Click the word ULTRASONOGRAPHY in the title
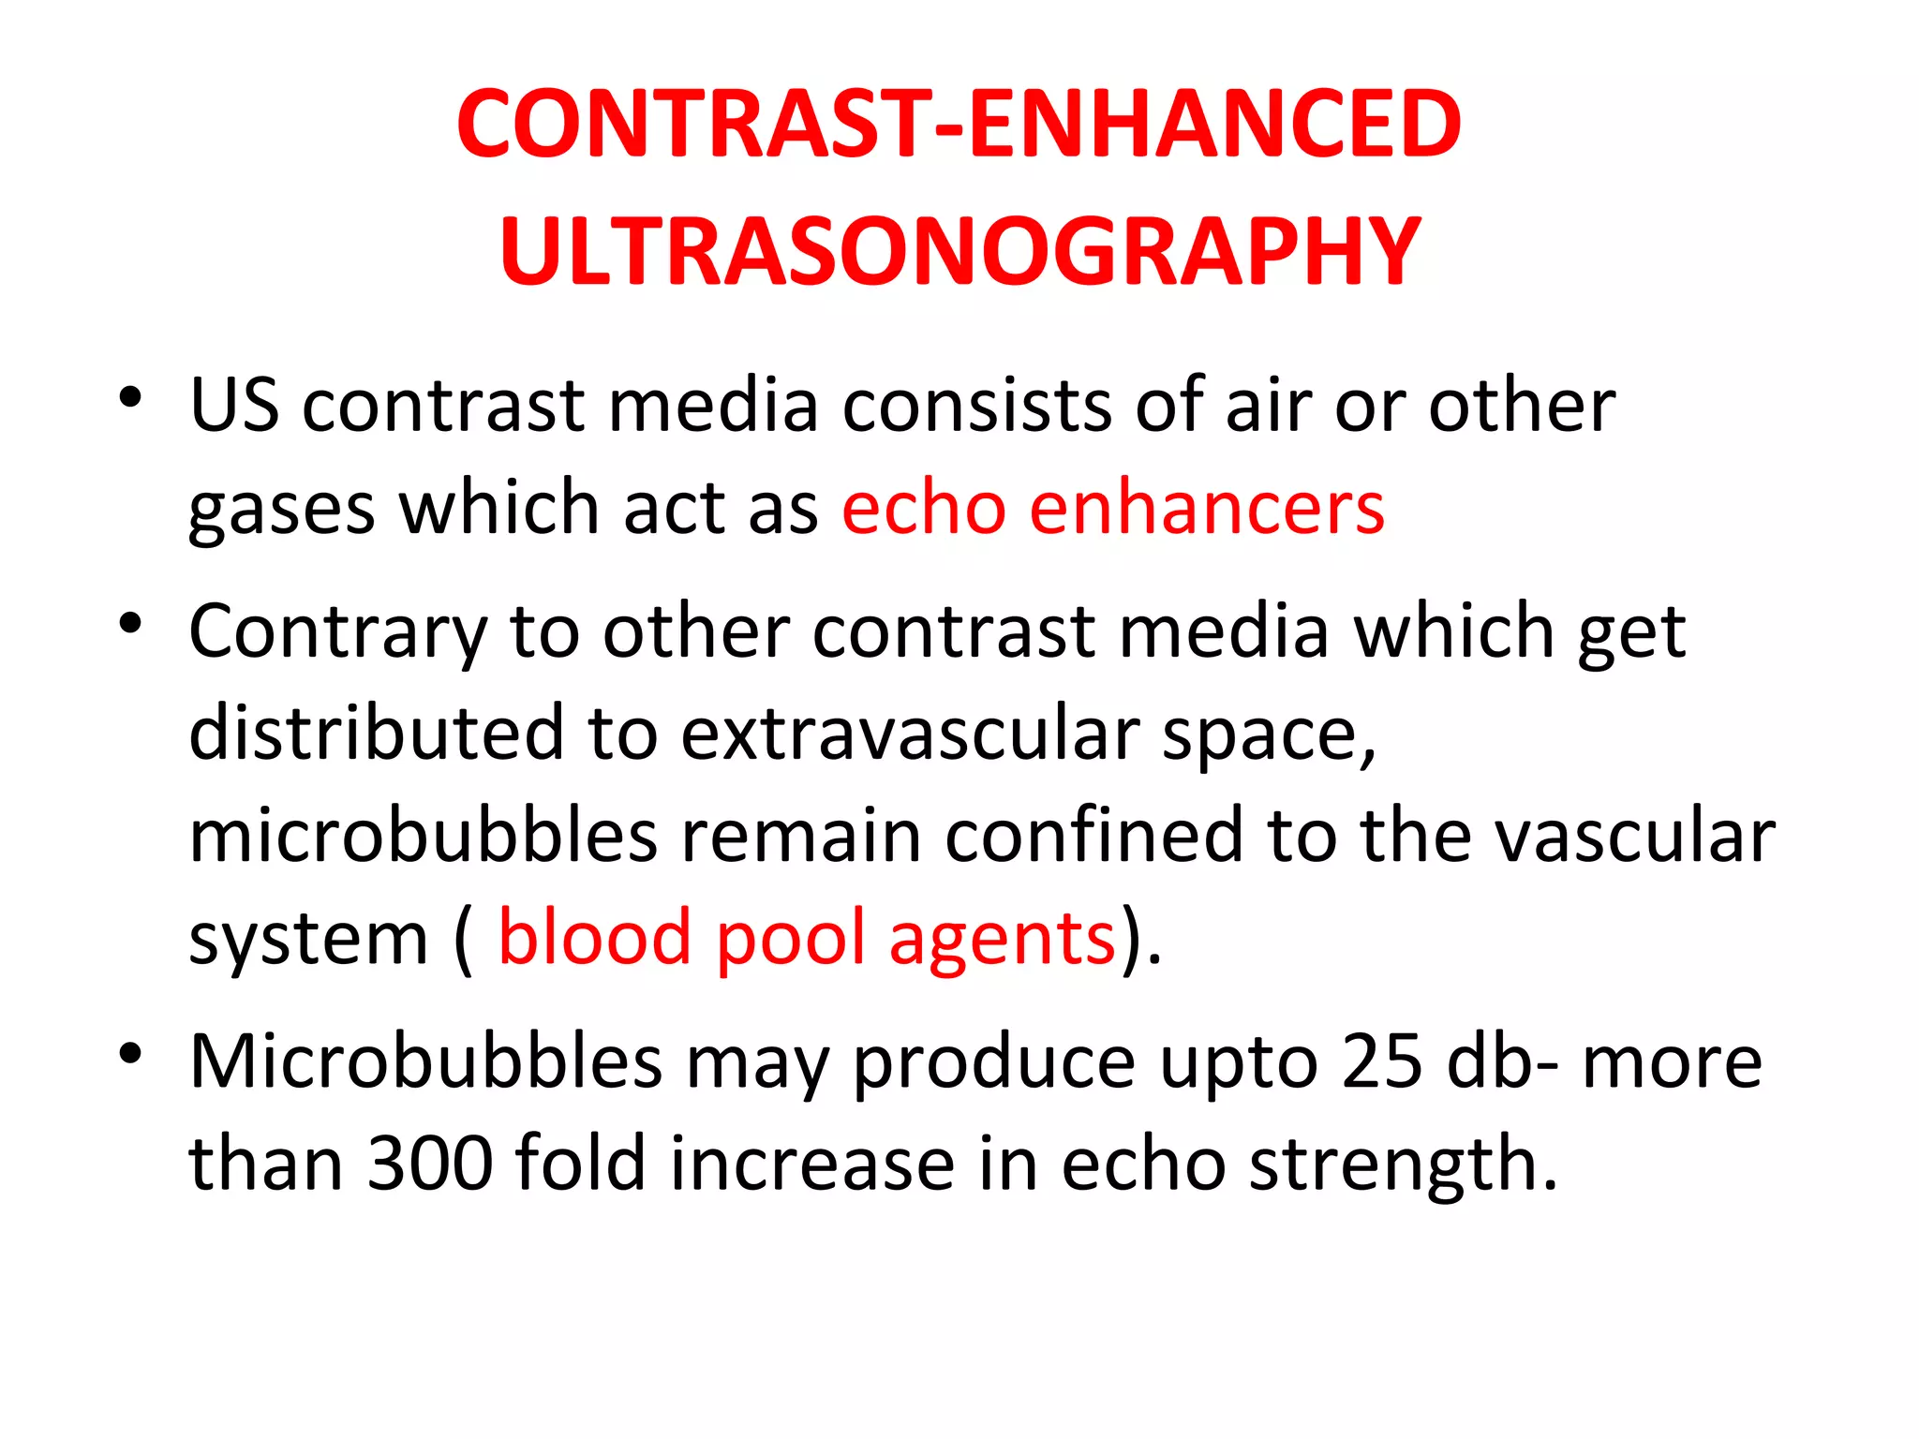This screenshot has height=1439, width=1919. (959, 251)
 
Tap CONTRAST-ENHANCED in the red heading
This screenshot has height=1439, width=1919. (959, 124)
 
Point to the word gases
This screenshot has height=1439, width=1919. (281, 511)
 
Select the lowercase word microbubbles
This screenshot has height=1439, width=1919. (424, 836)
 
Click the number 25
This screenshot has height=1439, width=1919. (1381, 1062)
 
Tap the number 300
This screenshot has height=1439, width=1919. (430, 1165)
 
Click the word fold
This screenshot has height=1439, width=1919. (580, 1165)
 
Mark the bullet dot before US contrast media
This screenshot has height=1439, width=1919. (130, 397)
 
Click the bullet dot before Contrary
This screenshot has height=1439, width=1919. (130, 623)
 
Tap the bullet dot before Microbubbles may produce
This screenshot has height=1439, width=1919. (130, 1053)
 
